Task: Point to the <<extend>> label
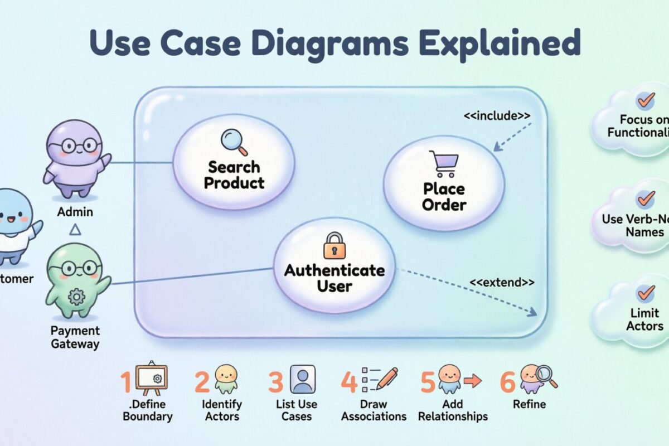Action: point(502,283)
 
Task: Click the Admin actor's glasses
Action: point(74,147)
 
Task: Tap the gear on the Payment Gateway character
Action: point(76,297)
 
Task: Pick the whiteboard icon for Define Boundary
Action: point(151,379)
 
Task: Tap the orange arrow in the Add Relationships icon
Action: point(472,381)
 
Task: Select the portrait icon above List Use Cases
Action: point(303,380)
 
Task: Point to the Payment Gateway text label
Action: point(75,337)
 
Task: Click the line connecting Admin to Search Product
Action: point(142,163)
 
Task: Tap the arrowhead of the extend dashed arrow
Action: point(534,313)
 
